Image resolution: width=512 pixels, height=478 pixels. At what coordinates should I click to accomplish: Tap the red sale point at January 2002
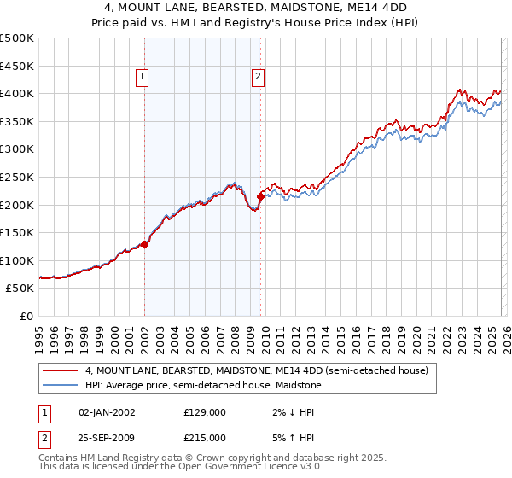click(144, 244)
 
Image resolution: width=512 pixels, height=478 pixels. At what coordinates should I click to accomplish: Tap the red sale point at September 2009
click(260, 196)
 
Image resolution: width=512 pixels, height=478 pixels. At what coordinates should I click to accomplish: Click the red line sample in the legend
click(60, 370)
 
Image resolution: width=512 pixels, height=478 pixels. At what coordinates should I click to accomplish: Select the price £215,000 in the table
click(205, 441)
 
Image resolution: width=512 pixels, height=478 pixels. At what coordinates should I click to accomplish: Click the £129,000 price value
click(205, 411)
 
